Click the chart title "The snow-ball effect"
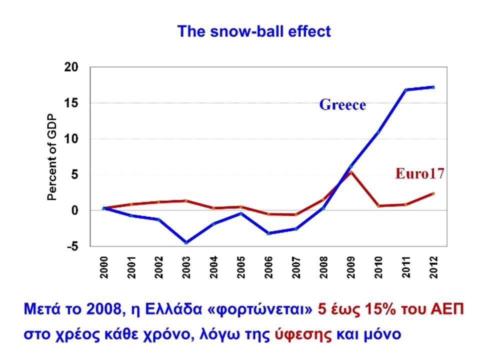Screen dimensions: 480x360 pos(254,31)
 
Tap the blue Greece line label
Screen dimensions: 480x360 pos(342,104)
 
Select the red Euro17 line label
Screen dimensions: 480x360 pos(419,173)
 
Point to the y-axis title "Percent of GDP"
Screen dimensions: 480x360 pos(52,157)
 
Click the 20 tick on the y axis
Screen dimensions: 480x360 pos(71,67)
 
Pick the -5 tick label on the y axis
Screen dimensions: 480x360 pos(72,246)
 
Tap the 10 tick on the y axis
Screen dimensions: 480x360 pos(71,139)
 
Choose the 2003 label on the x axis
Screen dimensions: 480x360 pos(186,267)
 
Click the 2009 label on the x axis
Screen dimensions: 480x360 pos(351,267)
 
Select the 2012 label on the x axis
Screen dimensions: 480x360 pos(433,267)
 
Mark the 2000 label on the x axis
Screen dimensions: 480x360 pos(104,267)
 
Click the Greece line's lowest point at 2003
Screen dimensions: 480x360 pos(186,242)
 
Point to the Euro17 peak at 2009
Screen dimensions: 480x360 pos(351,172)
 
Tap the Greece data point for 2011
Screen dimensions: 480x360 pos(406,90)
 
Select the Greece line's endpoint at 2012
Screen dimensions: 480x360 pos(433,87)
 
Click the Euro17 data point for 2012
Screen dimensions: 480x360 pos(433,193)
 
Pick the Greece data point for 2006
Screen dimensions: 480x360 pos(268,233)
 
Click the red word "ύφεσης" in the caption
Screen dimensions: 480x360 pos(303,334)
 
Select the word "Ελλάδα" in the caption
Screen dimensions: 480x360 pos(173,309)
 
